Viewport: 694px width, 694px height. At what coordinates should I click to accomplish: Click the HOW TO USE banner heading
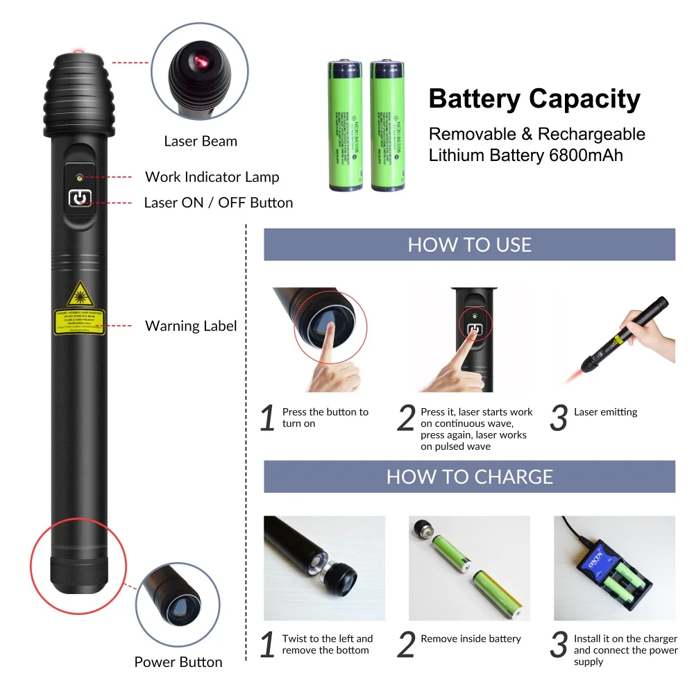coord(469,245)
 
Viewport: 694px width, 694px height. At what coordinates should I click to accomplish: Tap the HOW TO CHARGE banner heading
coord(469,477)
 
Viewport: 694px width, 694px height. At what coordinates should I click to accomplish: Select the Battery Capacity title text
coord(534,99)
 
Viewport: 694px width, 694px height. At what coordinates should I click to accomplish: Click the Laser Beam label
coord(201,142)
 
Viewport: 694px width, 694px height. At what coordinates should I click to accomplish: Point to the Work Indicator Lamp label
coord(212,177)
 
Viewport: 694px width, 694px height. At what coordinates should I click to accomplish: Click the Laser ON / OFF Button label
coord(218,203)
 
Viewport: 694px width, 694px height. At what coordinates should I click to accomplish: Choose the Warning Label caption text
coord(191,325)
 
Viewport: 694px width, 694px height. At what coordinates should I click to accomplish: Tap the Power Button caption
coord(178,662)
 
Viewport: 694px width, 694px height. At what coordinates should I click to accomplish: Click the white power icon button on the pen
coord(80,199)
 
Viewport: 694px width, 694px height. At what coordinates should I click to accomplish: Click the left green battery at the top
coord(346,126)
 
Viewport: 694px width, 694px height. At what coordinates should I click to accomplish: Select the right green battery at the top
coord(387,126)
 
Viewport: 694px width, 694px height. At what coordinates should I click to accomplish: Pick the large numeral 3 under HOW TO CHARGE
coord(559,646)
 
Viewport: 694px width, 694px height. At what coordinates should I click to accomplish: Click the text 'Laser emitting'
coord(605,412)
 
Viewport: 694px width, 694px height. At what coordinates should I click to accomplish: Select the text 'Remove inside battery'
coord(471,638)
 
